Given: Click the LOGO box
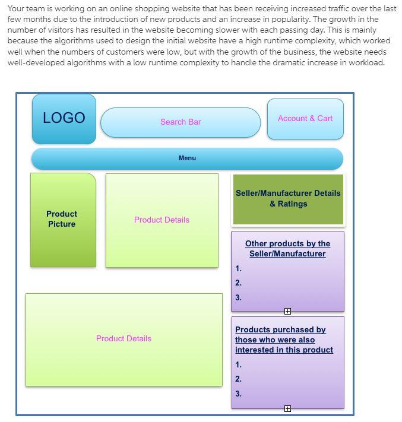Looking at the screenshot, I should click(64, 118).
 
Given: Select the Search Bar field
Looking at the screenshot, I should click(181, 122).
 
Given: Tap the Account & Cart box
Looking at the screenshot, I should click(305, 119).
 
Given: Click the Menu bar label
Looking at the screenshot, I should click(187, 158).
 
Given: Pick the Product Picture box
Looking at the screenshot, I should click(62, 219).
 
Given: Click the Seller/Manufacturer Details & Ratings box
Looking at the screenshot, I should click(288, 199).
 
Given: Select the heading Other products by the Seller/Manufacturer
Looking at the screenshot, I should click(287, 249).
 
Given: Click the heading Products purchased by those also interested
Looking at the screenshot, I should click(284, 340).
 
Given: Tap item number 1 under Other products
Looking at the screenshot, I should click(238, 269).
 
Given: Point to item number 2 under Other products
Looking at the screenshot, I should click(238, 283).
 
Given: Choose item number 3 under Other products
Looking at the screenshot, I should click(238, 298).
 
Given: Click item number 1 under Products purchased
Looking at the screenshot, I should click(238, 365).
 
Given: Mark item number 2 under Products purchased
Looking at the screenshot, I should click(238, 379).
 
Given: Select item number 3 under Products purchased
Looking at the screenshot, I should click(238, 394).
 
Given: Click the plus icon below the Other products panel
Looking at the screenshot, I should click(287, 311).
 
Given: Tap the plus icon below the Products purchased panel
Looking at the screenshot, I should click(287, 408).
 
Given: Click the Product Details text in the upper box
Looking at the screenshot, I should click(162, 220).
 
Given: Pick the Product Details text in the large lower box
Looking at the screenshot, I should click(124, 339).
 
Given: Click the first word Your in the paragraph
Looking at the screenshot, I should click(16, 9).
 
